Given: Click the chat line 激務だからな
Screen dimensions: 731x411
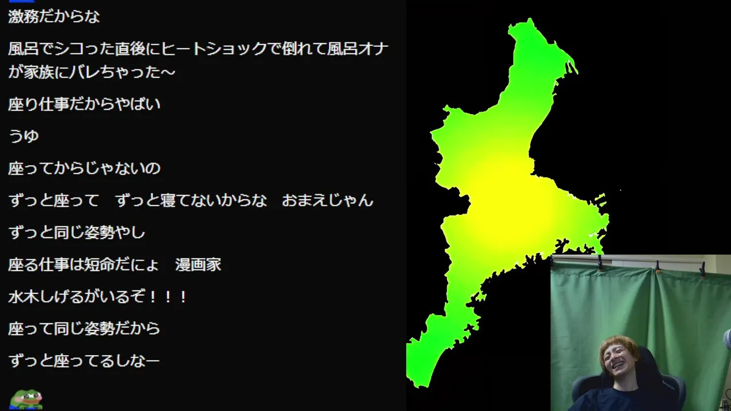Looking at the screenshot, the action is (54, 17).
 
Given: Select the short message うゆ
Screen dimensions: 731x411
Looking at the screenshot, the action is (23, 136).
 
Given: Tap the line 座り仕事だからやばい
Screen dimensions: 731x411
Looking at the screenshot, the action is (84, 104).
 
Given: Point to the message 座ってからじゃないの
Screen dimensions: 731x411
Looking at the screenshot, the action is (84, 168).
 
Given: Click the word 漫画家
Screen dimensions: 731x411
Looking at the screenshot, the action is (198, 264).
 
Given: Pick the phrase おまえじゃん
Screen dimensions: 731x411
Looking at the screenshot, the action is (327, 200).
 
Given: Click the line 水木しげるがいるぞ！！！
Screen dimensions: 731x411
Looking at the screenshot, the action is (98, 297).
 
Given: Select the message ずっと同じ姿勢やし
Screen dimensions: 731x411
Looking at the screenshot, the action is (77, 232).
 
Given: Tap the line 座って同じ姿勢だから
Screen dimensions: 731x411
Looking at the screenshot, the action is (84, 328).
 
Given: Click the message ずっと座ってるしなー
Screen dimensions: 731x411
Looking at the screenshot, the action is (84, 361).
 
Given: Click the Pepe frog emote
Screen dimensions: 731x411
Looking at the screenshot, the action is (26, 399).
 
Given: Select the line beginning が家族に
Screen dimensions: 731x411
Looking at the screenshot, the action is (92, 72).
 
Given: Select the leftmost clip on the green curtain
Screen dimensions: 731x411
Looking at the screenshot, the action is (600, 263).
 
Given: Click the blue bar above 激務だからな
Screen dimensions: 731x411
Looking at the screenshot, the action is (22, 1).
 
